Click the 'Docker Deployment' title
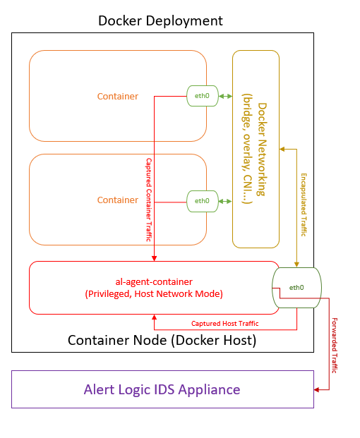tap(160, 21)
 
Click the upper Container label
tap(118, 97)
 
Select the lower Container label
tap(118, 200)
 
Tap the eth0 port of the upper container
tap(203, 96)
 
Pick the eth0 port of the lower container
tap(203, 201)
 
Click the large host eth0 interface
tap(297, 288)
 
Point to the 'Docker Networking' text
tap(262, 150)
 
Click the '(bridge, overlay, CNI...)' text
tap(248, 149)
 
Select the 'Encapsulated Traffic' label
tap(304, 205)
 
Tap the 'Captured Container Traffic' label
tap(149, 200)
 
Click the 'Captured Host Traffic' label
tap(224, 324)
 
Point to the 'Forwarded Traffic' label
tap(335, 346)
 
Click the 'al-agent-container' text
tap(154, 282)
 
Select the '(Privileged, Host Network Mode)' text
tap(154, 294)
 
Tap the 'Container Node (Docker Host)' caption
tap(162, 340)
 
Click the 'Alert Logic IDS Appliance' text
tap(162, 389)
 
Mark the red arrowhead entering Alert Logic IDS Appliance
tap(316, 389)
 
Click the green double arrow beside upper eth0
tap(225, 97)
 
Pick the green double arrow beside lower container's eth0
tap(225, 202)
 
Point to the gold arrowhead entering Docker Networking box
tap(282, 150)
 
